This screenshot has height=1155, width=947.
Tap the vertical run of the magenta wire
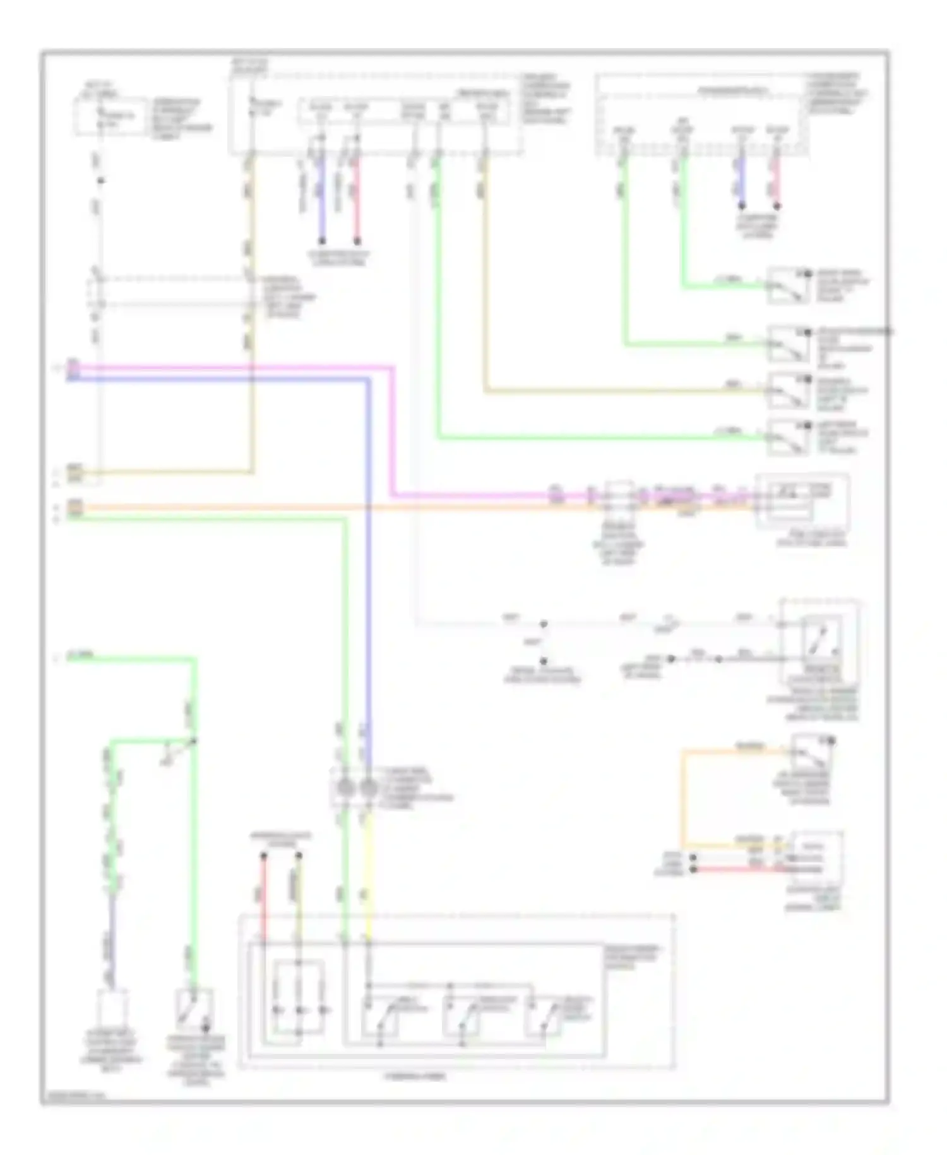(393, 430)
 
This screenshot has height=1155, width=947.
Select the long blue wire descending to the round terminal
(368, 569)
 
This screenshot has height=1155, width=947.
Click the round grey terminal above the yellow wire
(369, 789)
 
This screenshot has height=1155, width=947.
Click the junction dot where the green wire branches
(194, 740)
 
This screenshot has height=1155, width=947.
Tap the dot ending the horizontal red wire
(693, 870)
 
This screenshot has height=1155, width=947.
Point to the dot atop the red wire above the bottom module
(264, 856)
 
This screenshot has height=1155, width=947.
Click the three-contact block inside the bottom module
(298, 1008)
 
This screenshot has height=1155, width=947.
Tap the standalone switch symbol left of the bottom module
(193, 1012)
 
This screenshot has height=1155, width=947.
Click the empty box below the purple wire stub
(113, 1012)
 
